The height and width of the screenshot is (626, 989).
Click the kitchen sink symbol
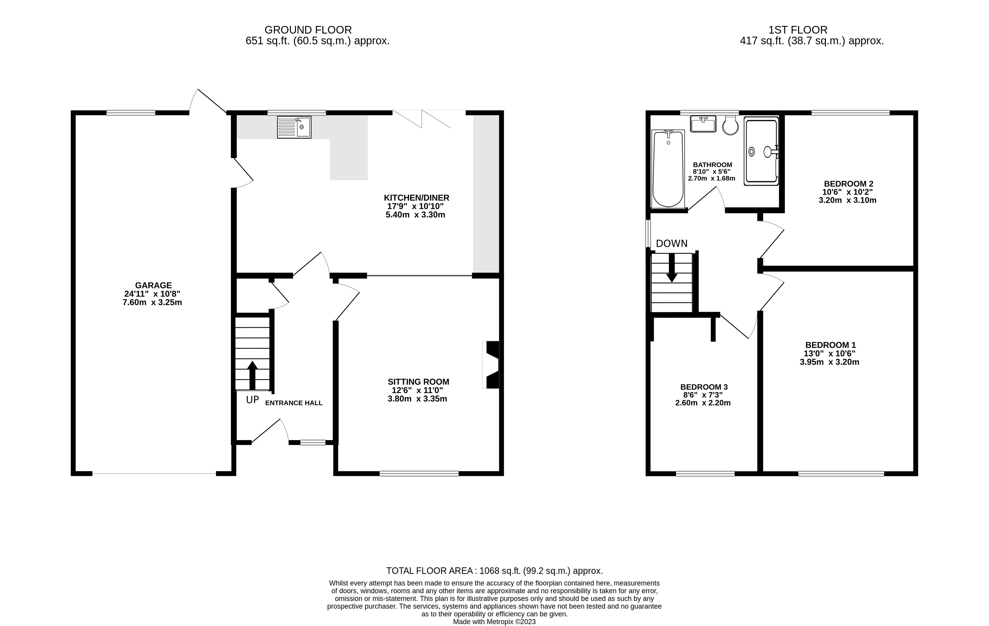(x=294, y=127)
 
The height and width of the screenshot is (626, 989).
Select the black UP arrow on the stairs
(x=252, y=375)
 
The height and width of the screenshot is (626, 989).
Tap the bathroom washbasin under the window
(x=703, y=124)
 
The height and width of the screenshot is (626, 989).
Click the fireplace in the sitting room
(x=491, y=365)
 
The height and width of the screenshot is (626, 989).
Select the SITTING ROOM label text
(x=418, y=382)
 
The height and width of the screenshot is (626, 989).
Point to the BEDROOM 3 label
(x=704, y=387)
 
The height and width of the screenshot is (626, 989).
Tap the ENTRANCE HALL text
(x=294, y=403)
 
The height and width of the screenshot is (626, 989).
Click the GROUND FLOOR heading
(x=308, y=30)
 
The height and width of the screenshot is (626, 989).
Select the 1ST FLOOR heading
(x=798, y=30)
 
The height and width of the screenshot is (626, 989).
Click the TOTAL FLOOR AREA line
(x=495, y=570)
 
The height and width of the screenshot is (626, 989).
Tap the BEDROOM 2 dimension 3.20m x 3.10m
(x=848, y=201)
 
